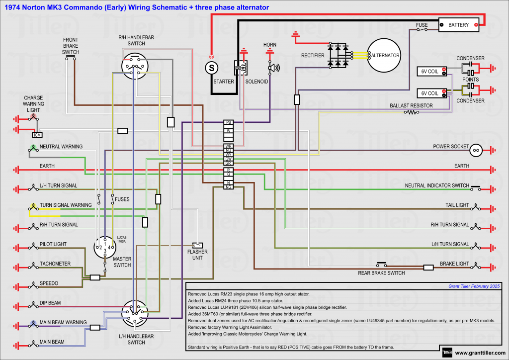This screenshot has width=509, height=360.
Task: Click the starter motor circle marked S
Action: pyautogui.click(x=211, y=67)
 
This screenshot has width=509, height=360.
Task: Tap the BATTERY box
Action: pyautogui.click(x=458, y=24)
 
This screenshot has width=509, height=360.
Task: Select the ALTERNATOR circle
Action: pyautogui.click(x=384, y=55)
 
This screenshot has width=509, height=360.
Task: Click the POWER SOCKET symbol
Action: pyautogui.click(x=476, y=149)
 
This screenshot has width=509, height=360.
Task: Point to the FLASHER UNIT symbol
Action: pyautogui.click(x=198, y=245)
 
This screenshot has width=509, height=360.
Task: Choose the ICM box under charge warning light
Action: pyautogui.click(x=36, y=135)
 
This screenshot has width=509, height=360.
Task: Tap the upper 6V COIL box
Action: pyautogui.click(x=430, y=72)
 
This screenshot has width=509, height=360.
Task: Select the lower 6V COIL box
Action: pyautogui.click(x=430, y=93)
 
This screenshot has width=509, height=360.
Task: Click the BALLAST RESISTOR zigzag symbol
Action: pyautogui.click(x=412, y=112)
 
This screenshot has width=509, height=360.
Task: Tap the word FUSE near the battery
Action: pyautogui.click(x=422, y=24)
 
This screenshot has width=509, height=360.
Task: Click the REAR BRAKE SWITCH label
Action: pyautogui.click(x=381, y=273)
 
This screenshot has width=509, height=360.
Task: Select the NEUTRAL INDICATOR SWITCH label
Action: pyautogui.click(x=437, y=185)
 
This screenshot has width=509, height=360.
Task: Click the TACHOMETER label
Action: pyautogui.click(x=55, y=264)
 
